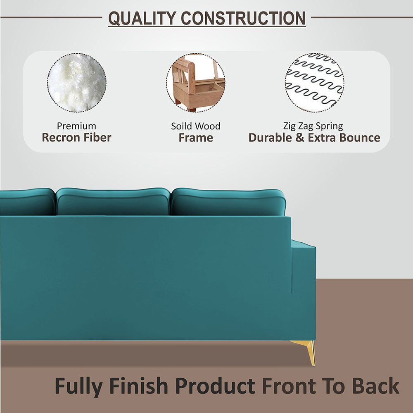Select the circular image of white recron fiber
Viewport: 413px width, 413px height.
[77, 83]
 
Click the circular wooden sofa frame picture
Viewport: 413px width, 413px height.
[196, 83]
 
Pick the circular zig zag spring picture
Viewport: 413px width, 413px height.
[314, 83]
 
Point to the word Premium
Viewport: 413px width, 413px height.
[76, 126]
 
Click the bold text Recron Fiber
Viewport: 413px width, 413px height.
[76, 138]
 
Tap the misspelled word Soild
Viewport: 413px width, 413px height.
[182, 126]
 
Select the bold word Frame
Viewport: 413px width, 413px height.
[196, 138]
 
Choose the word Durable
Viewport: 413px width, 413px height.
[271, 138]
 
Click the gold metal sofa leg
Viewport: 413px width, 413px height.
[308, 350]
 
